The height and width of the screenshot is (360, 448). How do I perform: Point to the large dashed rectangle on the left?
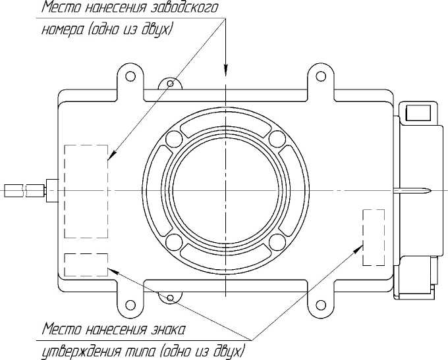[x=86, y=191]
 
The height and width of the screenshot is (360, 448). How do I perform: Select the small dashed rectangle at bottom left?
[x=86, y=265]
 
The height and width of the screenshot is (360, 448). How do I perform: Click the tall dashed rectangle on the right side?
[x=374, y=237]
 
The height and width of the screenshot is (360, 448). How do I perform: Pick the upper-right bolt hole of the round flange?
[x=276, y=139]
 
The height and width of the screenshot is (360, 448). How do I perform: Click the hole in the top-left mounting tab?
[x=130, y=77]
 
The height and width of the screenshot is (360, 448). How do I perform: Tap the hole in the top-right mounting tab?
[x=321, y=77]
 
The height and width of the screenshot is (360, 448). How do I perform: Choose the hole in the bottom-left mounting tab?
[x=130, y=303]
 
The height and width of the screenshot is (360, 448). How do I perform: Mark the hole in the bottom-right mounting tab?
[x=321, y=303]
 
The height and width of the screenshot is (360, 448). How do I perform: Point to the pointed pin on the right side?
[x=415, y=191]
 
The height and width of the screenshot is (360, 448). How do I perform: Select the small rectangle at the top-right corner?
[x=417, y=113]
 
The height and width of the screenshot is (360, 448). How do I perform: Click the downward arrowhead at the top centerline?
[x=225, y=70]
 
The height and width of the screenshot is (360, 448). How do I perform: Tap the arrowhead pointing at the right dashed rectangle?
[x=360, y=246]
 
